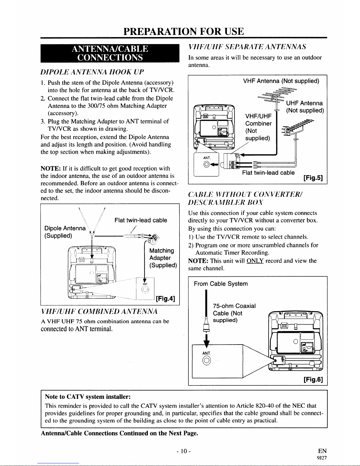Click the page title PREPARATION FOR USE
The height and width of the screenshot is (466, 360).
[x=184, y=31]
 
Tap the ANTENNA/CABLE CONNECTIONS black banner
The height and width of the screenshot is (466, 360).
[x=110, y=53]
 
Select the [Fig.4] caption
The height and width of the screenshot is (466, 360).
[x=165, y=298]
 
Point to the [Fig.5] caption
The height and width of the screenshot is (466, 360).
[x=313, y=178]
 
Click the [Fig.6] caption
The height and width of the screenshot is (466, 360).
[x=313, y=379]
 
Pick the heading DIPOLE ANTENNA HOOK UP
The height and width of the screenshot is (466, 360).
[x=92, y=72]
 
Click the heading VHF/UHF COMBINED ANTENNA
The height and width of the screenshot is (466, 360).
[x=99, y=311]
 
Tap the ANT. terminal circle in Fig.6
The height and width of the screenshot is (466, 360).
[x=206, y=361]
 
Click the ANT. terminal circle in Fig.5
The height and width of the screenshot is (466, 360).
[x=207, y=164]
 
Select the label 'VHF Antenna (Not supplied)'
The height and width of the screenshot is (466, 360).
[x=281, y=81]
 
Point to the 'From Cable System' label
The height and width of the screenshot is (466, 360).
[x=221, y=284]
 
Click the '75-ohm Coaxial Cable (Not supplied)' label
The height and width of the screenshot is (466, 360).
[x=234, y=313]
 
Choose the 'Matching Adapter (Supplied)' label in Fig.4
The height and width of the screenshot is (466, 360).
[x=163, y=258]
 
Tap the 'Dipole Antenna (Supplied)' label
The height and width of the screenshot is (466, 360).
[x=65, y=232]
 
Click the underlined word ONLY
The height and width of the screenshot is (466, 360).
[x=255, y=261]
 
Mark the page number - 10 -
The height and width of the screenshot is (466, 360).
[x=184, y=451]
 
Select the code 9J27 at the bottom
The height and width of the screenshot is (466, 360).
[x=322, y=458]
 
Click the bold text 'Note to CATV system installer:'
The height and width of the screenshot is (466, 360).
[x=88, y=397]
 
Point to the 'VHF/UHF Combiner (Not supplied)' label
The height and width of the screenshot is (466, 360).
[x=258, y=127]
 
